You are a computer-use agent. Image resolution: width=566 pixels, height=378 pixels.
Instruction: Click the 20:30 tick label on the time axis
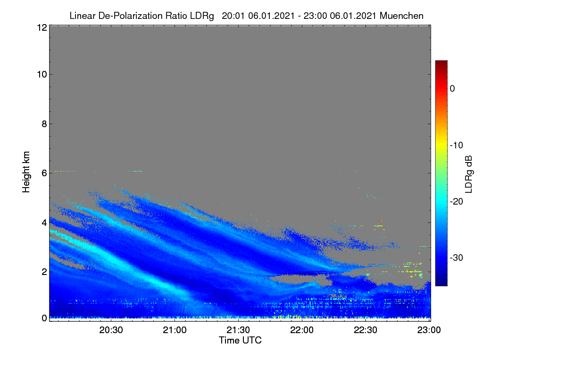(111, 330)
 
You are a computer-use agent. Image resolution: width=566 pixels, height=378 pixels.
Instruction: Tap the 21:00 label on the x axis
(175, 330)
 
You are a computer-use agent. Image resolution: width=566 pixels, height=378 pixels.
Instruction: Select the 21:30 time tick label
(238, 330)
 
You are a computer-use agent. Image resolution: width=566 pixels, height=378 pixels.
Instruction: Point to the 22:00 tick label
(302, 330)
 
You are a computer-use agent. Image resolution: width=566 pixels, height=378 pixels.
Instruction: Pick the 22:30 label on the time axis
(366, 330)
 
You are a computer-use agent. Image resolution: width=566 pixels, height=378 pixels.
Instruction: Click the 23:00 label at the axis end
(429, 330)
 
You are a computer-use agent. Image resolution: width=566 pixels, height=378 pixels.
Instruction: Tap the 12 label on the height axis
(42, 27)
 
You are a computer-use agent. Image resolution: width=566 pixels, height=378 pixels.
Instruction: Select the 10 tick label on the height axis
(42, 75)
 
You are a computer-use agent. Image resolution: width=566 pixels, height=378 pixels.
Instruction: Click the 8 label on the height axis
(44, 124)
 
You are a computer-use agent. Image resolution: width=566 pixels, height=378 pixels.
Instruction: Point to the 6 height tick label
(44, 173)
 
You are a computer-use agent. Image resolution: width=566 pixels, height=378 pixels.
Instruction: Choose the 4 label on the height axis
(44, 223)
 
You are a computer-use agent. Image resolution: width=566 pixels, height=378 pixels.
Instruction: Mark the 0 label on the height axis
(44, 318)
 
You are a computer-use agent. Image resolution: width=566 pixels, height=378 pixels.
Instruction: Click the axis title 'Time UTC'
(240, 340)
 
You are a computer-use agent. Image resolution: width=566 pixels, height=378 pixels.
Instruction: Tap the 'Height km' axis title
(26, 172)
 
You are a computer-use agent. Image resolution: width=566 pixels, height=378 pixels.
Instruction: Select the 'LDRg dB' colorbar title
(469, 174)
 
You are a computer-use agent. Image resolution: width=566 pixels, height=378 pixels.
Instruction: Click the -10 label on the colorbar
(457, 146)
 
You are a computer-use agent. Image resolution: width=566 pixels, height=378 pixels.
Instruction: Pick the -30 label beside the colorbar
(457, 258)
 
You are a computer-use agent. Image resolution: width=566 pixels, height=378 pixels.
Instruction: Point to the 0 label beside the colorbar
(452, 89)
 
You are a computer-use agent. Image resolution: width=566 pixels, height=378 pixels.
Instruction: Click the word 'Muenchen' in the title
(401, 16)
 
